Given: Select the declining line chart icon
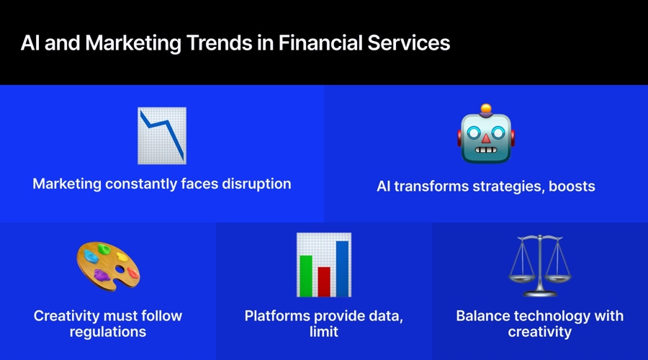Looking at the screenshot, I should (x=162, y=135).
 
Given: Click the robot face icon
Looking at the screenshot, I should (x=486, y=137).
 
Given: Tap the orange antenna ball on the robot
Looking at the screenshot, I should (x=486, y=109).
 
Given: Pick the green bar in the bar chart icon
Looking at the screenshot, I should (x=306, y=275).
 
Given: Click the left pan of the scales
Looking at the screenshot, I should (x=519, y=276).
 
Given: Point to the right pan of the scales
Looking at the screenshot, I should (x=561, y=276).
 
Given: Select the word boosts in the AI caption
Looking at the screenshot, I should (x=572, y=186).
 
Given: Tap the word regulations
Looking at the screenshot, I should (x=108, y=332).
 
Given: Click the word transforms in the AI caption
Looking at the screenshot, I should (x=433, y=186).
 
